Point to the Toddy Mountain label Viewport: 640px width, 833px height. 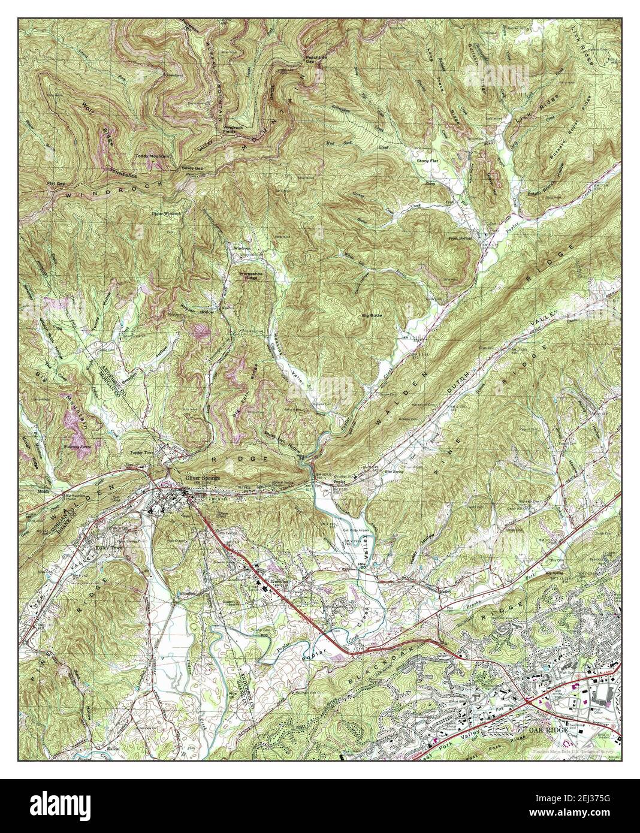pyautogui.click(x=149, y=156)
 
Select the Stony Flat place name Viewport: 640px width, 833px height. pyautogui.click(x=428, y=161)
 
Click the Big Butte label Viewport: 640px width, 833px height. pyautogui.click(x=372, y=314)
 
